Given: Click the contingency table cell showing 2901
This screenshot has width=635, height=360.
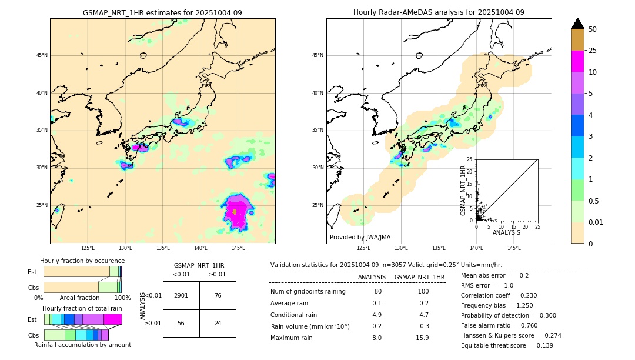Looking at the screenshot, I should pos(181,295).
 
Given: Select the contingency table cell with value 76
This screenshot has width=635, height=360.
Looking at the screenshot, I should pos(218,295).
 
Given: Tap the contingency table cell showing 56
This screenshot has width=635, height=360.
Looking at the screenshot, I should pos(181,324).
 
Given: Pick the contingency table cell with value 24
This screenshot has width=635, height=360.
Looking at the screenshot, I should pos(218,324).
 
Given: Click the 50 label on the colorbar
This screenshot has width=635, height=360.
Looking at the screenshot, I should pos(593,29).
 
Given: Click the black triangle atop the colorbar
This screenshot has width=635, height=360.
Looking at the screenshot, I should pos(578,24).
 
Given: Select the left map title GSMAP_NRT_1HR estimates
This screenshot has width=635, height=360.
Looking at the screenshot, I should pos(162,12).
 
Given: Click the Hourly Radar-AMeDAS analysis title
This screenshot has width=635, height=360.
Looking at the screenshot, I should pos(439,12).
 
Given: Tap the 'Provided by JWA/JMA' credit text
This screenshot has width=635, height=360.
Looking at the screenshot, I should pos(360,237).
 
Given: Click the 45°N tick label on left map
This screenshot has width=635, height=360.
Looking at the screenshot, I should pos(42,55).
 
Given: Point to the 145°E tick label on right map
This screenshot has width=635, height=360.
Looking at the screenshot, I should pos(514,248).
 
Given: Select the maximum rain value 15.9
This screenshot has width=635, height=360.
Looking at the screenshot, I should pos(422,338).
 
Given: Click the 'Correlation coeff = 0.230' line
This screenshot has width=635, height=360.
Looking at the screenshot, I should pos(499,295).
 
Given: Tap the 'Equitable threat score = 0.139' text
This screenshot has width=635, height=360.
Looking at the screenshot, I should pos(507,345).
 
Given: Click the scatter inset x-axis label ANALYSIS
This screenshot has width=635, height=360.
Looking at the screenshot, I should pos(506,232).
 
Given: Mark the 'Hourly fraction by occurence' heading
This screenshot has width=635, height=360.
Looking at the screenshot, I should pos(82,261).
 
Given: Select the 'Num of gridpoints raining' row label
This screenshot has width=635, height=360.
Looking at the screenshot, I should pos(308,292).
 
